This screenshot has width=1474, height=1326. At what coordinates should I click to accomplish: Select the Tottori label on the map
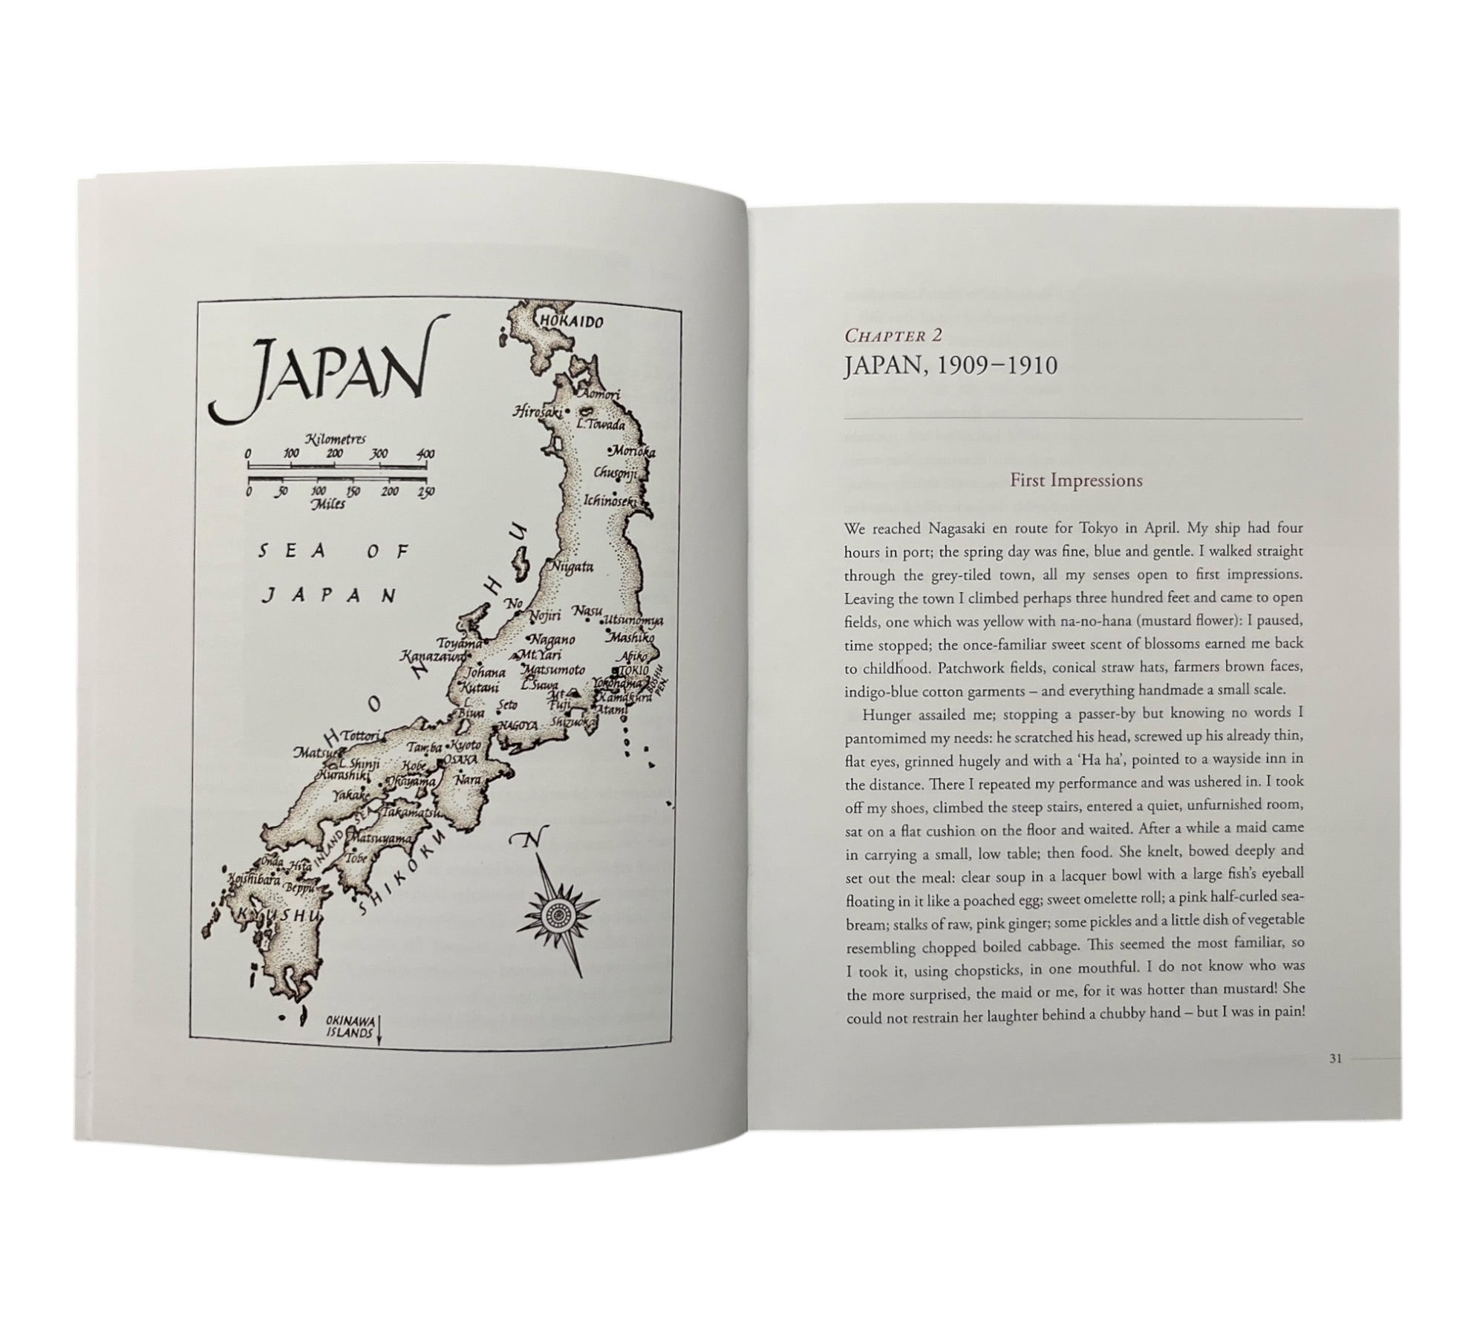pyautogui.click(x=361, y=734)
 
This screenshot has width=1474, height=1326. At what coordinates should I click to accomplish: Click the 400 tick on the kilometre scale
pyautogui.click(x=425, y=454)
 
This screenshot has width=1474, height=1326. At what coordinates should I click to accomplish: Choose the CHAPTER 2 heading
pyautogui.click(x=893, y=336)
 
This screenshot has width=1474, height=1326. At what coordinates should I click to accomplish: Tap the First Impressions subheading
pyautogui.click(x=1076, y=480)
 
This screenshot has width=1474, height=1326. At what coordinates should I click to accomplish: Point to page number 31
pyautogui.click(x=1335, y=1059)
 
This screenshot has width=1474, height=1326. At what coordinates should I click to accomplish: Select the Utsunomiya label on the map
pyautogui.click(x=635, y=619)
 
